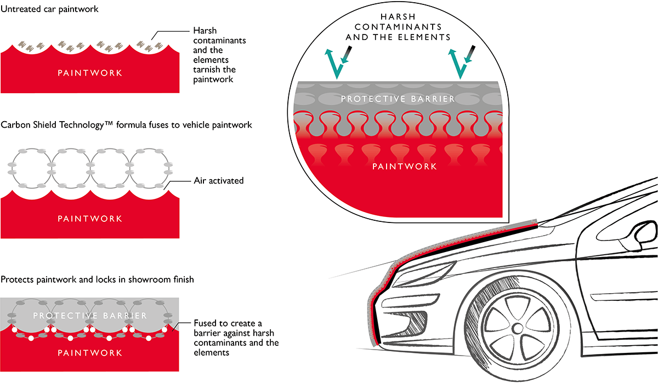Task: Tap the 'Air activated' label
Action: pos(218,180)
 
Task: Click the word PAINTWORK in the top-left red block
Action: pos(90,73)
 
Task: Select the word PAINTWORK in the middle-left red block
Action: pos(90,219)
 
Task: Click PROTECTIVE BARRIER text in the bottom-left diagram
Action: pos(90,316)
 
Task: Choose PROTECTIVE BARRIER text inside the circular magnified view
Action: pos(398,99)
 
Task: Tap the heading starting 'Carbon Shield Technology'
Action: pos(127,125)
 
